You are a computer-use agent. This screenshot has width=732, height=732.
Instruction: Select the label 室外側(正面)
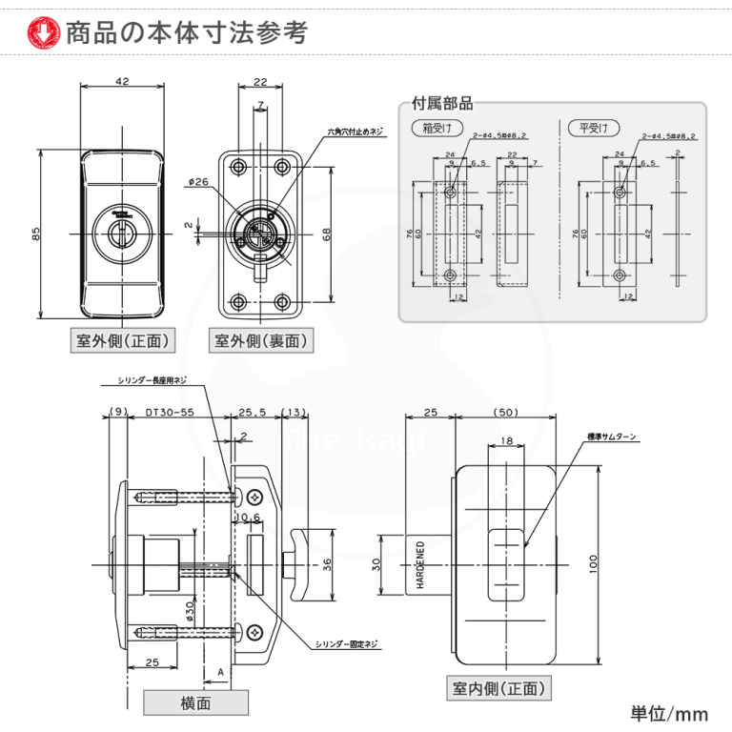(x=122, y=339)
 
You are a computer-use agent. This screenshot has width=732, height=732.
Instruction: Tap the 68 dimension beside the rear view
(x=326, y=235)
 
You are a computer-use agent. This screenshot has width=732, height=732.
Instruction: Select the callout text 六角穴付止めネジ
(x=355, y=132)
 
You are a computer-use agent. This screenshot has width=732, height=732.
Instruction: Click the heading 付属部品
(x=441, y=103)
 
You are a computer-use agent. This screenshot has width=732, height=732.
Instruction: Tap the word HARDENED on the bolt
(x=419, y=564)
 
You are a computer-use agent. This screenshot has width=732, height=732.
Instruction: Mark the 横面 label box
(x=195, y=702)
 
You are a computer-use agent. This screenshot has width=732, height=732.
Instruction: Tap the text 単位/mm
(x=669, y=713)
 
